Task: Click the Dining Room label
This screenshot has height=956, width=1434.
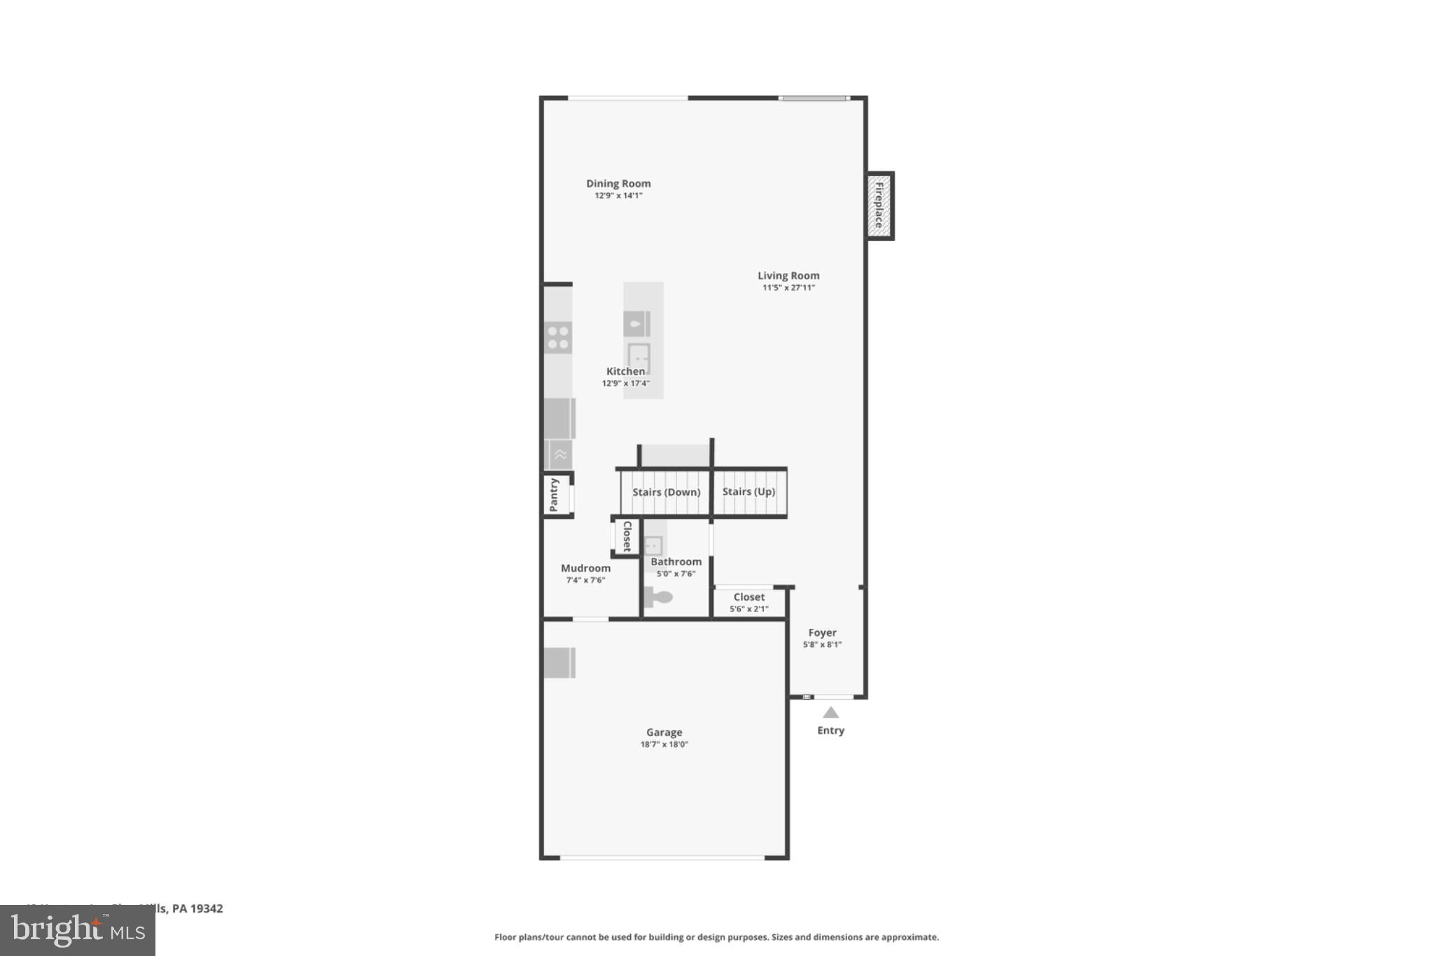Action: [x=618, y=183]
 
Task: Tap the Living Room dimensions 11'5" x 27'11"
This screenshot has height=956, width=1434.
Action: [x=788, y=287]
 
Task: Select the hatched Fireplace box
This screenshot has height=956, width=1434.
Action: [x=879, y=205]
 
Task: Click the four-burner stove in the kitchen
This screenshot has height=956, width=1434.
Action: [x=558, y=338]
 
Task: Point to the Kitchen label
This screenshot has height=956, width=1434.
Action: [x=625, y=371]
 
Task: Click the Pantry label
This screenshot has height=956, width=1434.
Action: [x=554, y=494]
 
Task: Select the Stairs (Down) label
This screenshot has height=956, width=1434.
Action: [x=666, y=492]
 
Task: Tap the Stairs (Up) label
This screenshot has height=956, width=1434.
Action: [x=749, y=492]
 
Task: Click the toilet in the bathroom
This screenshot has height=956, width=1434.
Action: [x=658, y=597]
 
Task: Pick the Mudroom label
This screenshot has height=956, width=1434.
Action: [x=585, y=568]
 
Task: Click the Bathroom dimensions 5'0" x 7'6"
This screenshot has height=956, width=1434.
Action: [x=676, y=574]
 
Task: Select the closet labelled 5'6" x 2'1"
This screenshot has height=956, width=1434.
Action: [x=749, y=602]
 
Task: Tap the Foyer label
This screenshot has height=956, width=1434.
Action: [x=822, y=632]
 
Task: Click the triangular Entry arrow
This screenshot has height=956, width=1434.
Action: [x=830, y=713]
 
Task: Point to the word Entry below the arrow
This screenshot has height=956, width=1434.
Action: [x=830, y=730]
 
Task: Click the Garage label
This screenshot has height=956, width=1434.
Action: [x=664, y=733]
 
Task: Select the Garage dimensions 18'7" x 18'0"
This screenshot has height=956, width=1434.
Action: [x=664, y=744]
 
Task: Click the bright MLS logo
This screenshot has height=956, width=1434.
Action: [x=78, y=931]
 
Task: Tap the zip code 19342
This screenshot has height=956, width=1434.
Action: [x=207, y=908]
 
